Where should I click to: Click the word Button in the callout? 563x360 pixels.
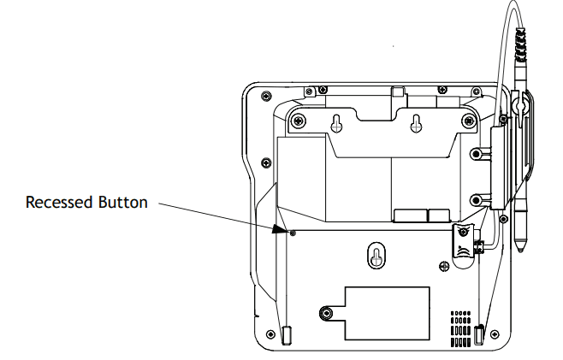pos(123,202)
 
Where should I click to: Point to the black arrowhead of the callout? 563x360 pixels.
pos(279,229)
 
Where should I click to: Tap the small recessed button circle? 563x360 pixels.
pos(293,233)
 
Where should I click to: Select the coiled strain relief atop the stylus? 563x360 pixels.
pos(519,44)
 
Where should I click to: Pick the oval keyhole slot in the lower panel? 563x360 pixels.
pos(376,256)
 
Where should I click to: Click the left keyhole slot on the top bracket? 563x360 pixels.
pos(336,123)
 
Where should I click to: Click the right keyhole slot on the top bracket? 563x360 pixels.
pos(416,123)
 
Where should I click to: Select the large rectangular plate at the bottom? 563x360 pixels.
pos(387,313)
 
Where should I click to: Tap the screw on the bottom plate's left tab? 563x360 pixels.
pos(326,313)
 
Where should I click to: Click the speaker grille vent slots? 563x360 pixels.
pos(460,328)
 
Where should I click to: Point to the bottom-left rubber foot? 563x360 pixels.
pos(286,335)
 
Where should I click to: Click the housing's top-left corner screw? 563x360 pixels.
pos(266,96)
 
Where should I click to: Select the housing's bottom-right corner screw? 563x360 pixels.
pos(495,334)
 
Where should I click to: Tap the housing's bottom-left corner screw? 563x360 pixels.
pos(270,334)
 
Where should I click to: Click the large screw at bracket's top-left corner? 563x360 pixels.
pos(299,121)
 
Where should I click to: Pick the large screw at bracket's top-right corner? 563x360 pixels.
pos(469,121)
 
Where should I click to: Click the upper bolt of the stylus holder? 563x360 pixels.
pos(476,154)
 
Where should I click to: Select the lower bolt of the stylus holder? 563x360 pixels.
pos(476,200)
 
